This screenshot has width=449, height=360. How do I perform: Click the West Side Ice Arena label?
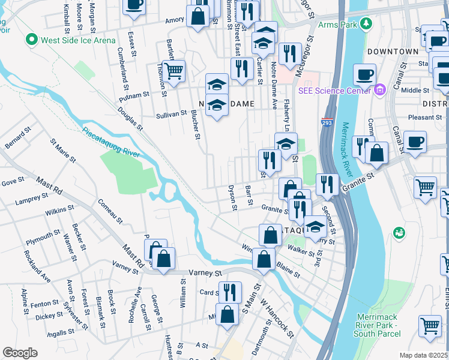pyautogui.click(x=77, y=41)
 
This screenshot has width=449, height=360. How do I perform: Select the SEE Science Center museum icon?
pyautogui.click(x=379, y=91)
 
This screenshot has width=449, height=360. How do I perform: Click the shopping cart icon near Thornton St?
pyautogui.click(x=173, y=71)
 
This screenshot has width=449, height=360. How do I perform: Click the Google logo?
pyautogui.click(x=20, y=353)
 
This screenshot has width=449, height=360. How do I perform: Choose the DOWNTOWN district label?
pyautogui.click(x=393, y=52)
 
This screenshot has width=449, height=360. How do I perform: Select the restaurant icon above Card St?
pyautogui.click(x=229, y=292)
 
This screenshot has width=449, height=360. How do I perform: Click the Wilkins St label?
pyautogui.click(x=59, y=211)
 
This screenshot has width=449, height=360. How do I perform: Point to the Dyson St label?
pyautogui.click(x=232, y=198)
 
